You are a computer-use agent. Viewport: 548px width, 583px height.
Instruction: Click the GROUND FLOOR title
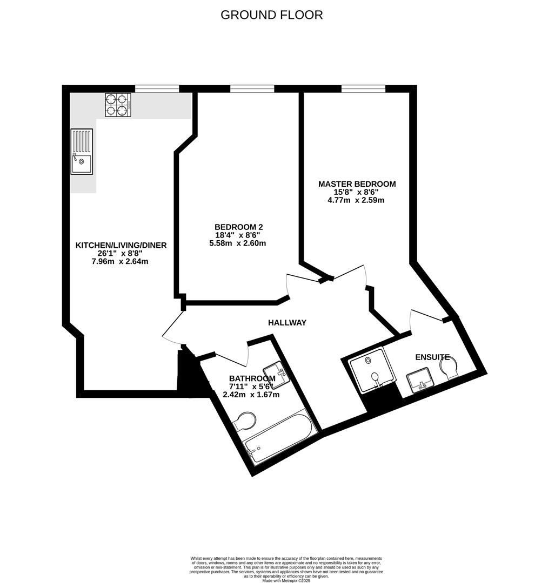coord(271,15)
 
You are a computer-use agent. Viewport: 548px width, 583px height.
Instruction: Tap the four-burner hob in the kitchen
coord(118,105)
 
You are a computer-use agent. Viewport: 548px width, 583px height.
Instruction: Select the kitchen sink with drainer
coord(82,152)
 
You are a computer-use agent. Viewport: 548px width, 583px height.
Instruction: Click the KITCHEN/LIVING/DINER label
coord(121,245)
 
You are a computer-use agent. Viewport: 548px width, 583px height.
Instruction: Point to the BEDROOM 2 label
coord(238,227)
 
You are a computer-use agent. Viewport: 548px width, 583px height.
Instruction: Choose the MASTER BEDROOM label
coord(357,184)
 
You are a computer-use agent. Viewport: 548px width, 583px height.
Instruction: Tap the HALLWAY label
coord(287,322)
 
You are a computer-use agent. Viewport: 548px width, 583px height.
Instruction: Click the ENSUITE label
coord(432,357)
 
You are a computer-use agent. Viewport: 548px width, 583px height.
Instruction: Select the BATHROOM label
coord(252,378)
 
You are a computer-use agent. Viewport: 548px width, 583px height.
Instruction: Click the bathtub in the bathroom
coord(278,437)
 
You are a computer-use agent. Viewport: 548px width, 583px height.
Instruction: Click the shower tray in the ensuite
coord(370,369)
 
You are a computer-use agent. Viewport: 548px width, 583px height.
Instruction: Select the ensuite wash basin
coord(419,379)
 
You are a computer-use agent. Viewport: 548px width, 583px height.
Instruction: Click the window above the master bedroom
coord(363,88)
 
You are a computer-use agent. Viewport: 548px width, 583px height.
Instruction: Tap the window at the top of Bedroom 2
coord(252,88)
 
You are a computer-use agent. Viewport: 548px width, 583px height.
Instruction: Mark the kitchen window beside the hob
coord(157,88)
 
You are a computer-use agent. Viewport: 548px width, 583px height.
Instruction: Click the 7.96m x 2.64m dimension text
coord(121,262)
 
